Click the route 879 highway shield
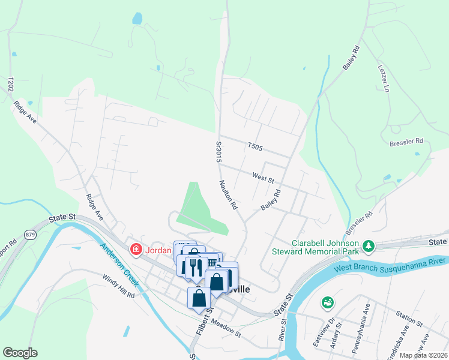click(31, 234)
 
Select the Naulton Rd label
click(229, 195)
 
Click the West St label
click(263, 178)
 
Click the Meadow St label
click(226, 329)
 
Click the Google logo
click(20, 353)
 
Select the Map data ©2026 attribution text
click(423, 355)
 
